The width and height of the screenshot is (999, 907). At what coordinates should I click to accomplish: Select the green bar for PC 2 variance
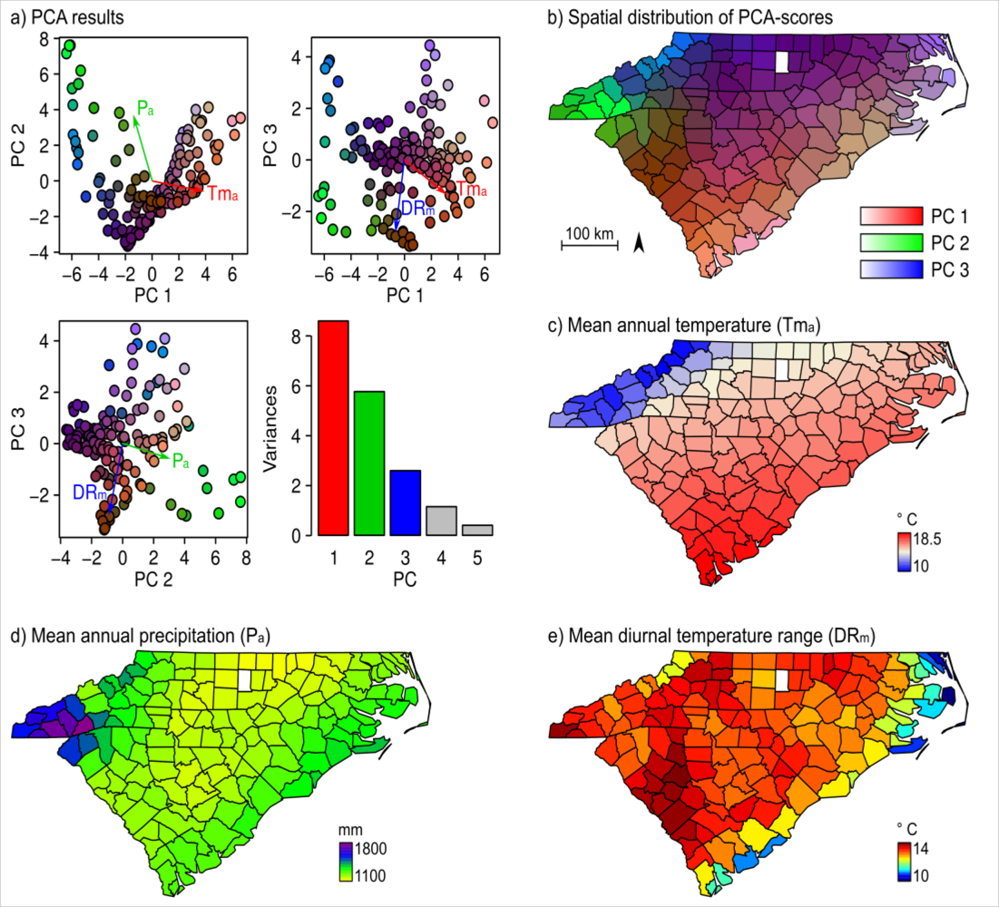click(x=369, y=463)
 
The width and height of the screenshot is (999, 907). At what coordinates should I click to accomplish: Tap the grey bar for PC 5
click(x=476, y=531)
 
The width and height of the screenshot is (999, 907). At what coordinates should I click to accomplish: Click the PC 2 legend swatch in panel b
click(x=886, y=242)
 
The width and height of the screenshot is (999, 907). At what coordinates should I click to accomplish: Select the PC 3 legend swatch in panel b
click(x=886, y=268)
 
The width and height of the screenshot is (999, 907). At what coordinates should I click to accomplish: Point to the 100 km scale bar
click(x=589, y=243)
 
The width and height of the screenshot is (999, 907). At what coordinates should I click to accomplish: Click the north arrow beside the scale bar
click(x=639, y=242)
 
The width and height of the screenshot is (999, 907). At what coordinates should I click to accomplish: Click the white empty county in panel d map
click(x=242, y=680)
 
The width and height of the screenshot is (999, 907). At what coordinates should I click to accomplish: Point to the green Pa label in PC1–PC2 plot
click(x=145, y=109)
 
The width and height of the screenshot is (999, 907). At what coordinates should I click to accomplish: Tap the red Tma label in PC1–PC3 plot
click(x=473, y=190)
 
